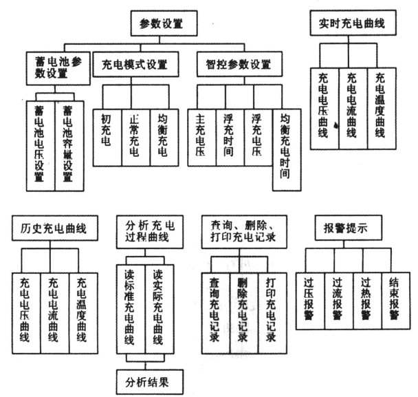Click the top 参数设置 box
[x=162, y=24]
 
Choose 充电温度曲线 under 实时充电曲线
[x=380, y=110]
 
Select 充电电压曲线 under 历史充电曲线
[x=27, y=313]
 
